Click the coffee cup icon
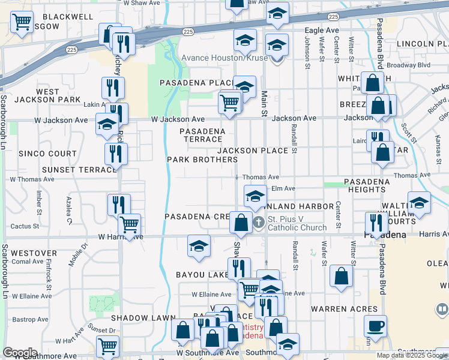pos(375,326)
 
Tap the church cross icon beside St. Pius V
pos(259,223)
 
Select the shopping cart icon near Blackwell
pos(22,22)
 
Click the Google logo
pos(20,353)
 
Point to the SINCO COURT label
pos(47,154)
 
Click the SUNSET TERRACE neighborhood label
pos(79,170)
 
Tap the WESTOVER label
pos(34,253)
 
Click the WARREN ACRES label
pos(344,310)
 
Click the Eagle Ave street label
pos(322,31)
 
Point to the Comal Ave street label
pos(27,262)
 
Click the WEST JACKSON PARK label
pos(47,95)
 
